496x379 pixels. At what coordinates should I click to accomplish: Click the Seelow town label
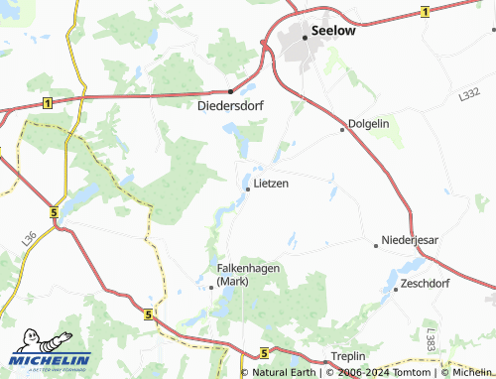coord(333,31)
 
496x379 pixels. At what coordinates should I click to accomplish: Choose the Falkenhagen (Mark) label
coord(241,274)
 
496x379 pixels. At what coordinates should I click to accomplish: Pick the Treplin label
coord(348,356)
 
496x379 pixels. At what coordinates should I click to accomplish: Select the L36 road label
coord(28,237)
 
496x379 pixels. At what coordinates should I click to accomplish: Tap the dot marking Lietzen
coord(247,189)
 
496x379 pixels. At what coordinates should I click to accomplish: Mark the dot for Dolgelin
coord(342,129)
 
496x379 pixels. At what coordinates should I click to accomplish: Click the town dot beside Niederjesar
coord(377,242)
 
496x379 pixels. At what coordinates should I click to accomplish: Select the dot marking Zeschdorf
coord(395,289)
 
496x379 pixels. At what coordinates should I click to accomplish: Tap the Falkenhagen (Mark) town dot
coord(211,287)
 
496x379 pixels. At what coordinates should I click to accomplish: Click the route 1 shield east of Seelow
coord(424,11)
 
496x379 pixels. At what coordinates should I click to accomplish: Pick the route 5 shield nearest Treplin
coord(264,352)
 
